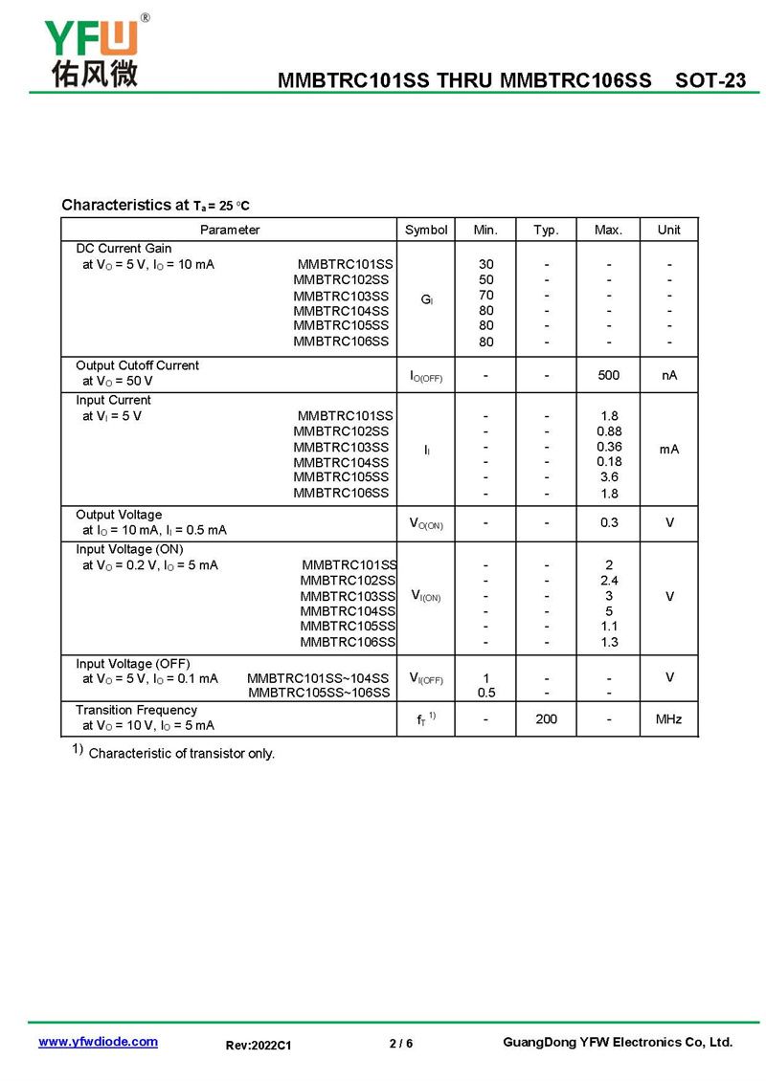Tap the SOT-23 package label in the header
(710, 81)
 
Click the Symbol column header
(426, 230)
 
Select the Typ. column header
(546, 230)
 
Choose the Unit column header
(668, 230)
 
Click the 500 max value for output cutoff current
(608, 375)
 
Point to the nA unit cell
(668, 375)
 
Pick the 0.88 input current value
(608, 431)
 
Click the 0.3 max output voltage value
(608, 522)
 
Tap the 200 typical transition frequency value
(546, 718)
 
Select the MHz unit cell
(668, 718)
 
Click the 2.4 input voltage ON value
(608, 581)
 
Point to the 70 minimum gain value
(486, 296)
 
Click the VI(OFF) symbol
(426, 678)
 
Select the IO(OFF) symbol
(426, 376)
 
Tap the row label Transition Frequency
(136, 710)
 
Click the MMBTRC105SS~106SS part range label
(319, 693)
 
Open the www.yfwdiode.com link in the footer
(98, 1042)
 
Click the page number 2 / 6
(401, 1043)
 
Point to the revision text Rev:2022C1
(259, 1046)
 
